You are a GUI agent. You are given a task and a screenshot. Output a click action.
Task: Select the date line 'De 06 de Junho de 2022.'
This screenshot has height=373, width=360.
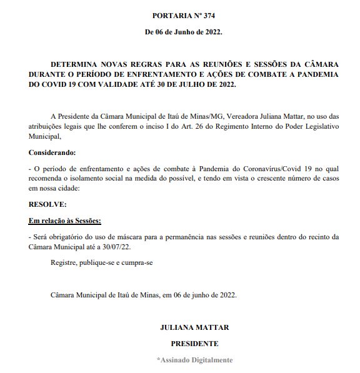click(183, 31)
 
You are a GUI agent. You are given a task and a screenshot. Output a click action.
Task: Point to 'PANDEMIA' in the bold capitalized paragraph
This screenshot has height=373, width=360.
click(315, 74)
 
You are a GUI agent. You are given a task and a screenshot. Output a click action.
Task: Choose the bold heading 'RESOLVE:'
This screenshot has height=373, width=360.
click(47, 204)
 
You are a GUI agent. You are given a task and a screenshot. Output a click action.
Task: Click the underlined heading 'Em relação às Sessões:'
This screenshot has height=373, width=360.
click(64, 221)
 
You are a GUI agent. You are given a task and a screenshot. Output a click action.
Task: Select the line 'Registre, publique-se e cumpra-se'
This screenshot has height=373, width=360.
click(102, 262)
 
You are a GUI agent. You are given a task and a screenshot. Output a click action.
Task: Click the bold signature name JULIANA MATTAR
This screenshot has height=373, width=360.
click(194, 327)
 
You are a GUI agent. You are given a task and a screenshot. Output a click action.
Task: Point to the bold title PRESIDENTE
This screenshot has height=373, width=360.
click(194, 344)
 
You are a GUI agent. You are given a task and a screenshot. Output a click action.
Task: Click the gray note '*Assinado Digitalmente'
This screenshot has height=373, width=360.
click(194, 360)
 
